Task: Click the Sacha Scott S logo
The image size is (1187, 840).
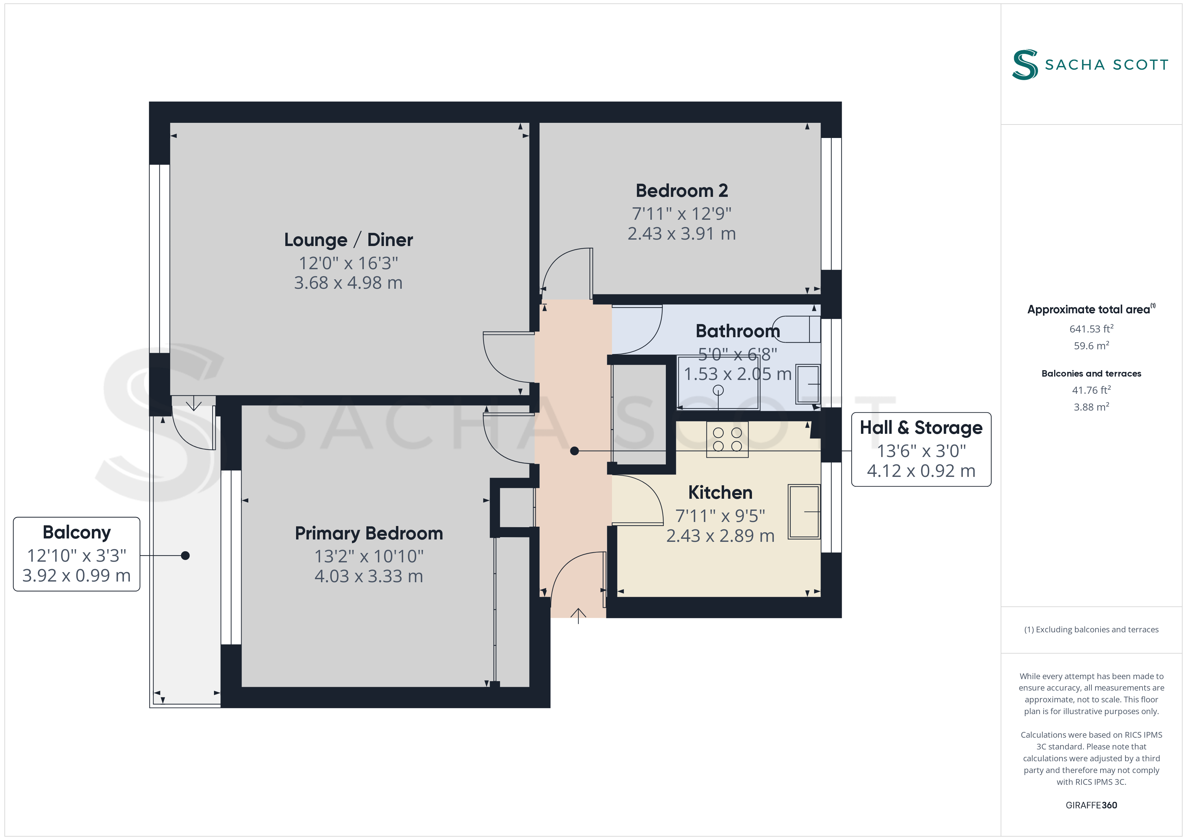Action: pos(1025,65)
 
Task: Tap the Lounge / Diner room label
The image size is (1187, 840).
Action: pos(349,240)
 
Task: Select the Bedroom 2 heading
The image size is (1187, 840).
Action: pos(681,191)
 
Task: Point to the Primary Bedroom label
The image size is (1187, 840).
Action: pos(369,533)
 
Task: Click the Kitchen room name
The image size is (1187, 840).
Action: pos(720,492)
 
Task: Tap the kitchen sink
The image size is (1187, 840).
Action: pos(804,512)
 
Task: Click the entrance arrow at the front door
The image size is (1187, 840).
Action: pos(578,616)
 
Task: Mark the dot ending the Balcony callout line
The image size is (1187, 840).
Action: pos(185,556)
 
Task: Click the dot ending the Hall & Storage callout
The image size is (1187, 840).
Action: pos(574,451)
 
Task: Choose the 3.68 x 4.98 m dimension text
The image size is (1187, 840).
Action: pos(348,283)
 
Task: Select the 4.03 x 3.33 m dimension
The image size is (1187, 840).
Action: pos(369,576)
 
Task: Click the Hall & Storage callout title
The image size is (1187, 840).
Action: pos(921,428)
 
